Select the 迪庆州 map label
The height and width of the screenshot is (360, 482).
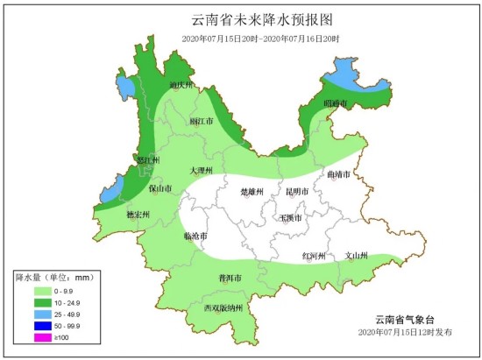click(181, 86)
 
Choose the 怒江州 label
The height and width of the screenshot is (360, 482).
click(147, 159)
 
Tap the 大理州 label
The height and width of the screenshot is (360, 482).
click(202, 171)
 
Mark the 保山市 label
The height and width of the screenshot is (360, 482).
click(159, 187)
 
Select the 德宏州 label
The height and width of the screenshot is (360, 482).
click(138, 214)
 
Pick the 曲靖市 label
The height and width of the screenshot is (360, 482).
click(338, 175)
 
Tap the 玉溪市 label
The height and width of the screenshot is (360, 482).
click(290, 217)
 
